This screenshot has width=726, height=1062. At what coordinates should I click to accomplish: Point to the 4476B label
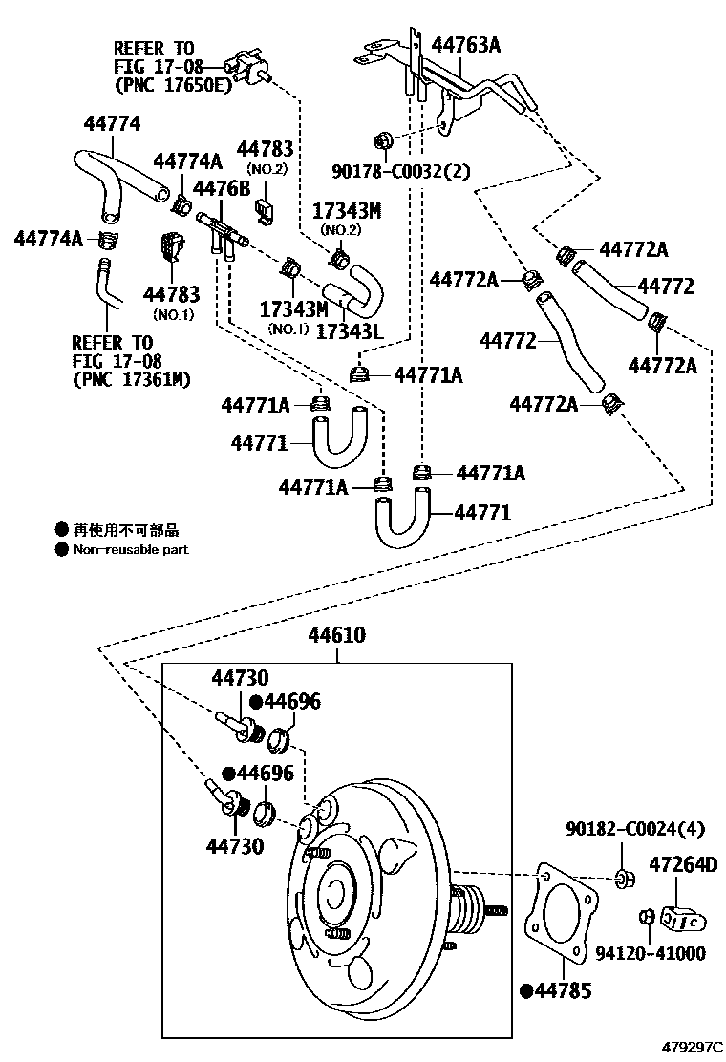click(x=221, y=186)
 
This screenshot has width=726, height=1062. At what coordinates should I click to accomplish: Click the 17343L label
click(x=349, y=331)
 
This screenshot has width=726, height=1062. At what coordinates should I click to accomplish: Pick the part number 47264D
click(x=682, y=864)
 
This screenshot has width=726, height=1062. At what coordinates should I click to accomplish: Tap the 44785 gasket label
click(x=563, y=990)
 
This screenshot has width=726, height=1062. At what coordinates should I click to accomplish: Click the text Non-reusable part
click(x=130, y=549)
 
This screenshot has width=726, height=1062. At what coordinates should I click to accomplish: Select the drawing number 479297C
click(x=694, y=1048)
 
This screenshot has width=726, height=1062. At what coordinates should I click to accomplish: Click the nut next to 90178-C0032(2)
click(x=382, y=140)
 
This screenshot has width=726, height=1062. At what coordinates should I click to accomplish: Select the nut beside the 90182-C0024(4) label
click(x=622, y=877)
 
